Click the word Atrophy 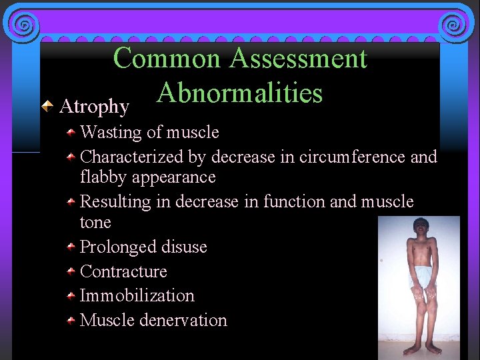94,107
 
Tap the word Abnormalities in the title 240,93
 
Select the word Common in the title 167,59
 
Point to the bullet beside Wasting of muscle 71,133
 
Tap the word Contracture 123,272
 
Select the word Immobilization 137,296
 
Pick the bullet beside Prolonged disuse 71,247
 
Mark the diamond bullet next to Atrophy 48,105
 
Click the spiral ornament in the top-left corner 23,25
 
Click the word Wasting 110,133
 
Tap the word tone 95,222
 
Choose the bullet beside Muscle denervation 71,321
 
